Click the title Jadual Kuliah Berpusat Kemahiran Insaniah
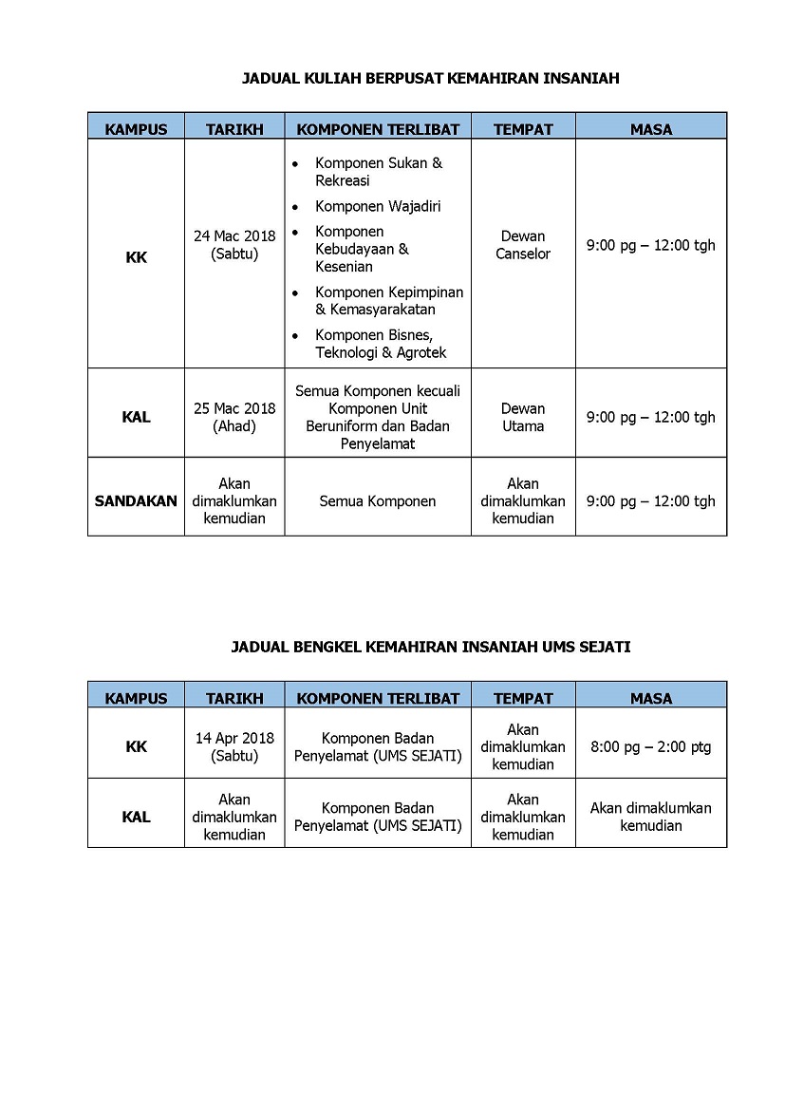(x=431, y=79)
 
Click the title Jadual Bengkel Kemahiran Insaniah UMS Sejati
(x=431, y=647)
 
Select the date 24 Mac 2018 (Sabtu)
(x=234, y=245)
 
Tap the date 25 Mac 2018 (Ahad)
(x=234, y=417)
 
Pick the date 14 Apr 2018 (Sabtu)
(x=234, y=746)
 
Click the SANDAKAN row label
(x=136, y=501)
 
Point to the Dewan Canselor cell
(x=523, y=245)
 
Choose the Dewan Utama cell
(x=523, y=417)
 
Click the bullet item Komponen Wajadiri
(x=378, y=206)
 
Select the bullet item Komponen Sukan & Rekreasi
(x=378, y=172)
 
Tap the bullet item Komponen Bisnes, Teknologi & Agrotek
(x=380, y=344)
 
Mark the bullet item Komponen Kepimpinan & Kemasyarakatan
(x=388, y=300)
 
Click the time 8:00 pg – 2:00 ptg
(x=650, y=746)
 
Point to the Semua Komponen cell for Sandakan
(x=378, y=501)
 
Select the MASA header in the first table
(x=650, y=129)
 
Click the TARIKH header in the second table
(x=234, y=698)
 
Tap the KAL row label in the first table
(x=136, y=417)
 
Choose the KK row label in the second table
(x=136, y=746)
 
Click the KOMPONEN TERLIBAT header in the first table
(x=378, y=129)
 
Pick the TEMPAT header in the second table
(x=523, y=698)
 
